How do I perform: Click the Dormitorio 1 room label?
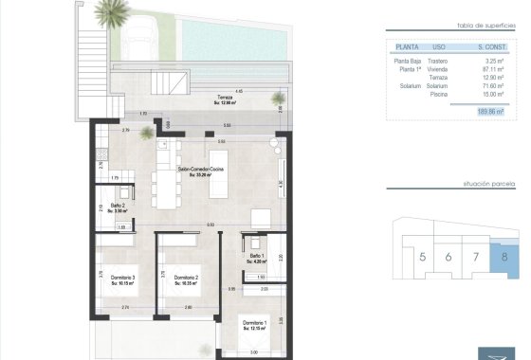click(254, 325)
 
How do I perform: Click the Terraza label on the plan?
click(224, 98)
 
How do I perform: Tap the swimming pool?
click(235, 38)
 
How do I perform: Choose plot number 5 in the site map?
click(422, 256)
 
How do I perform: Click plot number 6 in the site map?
click(449, 256)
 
